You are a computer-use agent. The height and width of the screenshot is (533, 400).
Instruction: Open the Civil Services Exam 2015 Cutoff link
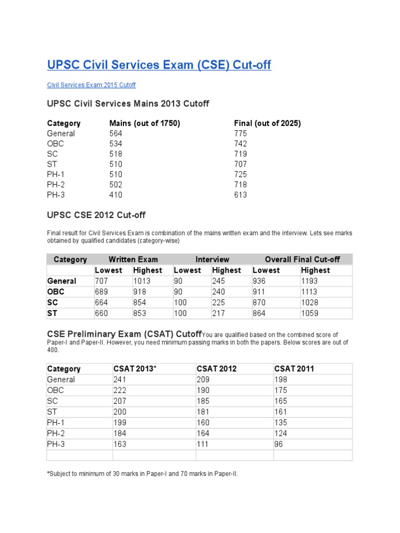tap(92, 85)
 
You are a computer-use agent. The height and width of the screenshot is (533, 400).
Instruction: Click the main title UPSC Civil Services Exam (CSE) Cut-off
tap(159, 65)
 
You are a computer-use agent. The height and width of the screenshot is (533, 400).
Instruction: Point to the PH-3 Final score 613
tap(241, 195)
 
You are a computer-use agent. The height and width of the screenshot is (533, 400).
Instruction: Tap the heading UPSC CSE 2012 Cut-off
tap(100, 215)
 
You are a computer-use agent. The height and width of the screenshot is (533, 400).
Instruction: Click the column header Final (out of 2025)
tap(267, 123)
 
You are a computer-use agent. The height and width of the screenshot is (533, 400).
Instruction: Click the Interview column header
tap(212, 259)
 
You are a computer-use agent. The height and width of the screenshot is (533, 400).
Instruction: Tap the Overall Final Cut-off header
tap(302, 259)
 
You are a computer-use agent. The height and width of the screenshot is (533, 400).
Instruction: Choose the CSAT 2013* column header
tap(135, 369)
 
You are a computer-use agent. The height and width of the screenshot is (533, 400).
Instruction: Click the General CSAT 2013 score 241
tap(120, 379)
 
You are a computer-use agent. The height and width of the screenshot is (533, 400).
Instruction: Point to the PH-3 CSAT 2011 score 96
tap(279, 445)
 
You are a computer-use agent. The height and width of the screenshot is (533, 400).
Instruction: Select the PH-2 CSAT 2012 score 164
tap(203, 434)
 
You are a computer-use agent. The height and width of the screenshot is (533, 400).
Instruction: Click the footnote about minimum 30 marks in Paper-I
tap(142, 474)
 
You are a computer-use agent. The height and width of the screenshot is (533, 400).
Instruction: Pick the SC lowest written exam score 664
tap(102, 302)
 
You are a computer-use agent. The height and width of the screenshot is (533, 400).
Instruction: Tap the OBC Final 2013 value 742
tap(241, 144)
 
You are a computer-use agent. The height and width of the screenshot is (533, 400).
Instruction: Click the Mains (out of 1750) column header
tap(144, 123)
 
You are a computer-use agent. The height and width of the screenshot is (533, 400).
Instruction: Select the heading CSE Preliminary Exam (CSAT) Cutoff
tap(124, 334)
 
